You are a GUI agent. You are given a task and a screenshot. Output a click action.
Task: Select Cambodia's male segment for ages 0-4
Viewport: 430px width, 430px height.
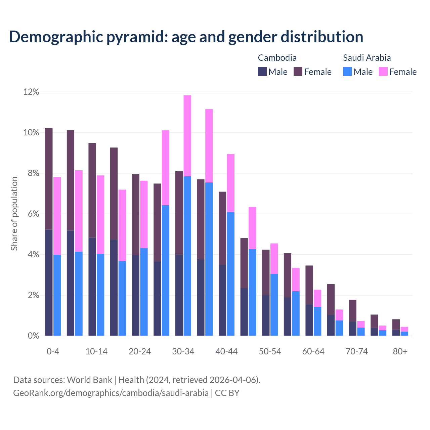click(x=49, y=283)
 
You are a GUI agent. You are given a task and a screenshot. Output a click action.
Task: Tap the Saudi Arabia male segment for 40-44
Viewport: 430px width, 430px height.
click(x=230, y=274)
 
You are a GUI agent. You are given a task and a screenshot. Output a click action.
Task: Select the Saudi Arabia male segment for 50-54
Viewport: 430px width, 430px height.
click(x=274, y=305)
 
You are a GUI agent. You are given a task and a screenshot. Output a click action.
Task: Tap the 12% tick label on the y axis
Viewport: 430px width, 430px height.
click(x=31, y=92)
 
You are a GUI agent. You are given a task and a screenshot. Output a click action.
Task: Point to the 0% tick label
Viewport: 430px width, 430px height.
click(x=33, y=336)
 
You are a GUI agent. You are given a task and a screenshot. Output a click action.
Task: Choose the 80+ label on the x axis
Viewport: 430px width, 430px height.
click(x=400, y=351)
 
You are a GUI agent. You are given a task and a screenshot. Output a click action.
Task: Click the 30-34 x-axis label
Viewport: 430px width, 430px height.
click(x=183, y=351)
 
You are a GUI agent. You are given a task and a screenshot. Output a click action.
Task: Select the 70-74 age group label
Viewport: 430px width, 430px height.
click(x=357, y=351)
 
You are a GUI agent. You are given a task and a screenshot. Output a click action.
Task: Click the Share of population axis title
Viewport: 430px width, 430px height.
click(x=14, y=214)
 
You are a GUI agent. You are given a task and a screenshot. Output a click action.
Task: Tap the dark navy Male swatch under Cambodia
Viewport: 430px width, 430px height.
click(x=262, y=72)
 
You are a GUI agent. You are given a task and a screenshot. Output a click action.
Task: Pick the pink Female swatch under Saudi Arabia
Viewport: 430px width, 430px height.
click(x=383, y=72)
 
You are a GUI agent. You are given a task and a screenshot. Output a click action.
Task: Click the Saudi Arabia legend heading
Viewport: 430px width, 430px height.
click(x=367, y=58)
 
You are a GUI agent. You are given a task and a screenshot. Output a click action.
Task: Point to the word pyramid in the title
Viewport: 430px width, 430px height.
click(x=136, y=37)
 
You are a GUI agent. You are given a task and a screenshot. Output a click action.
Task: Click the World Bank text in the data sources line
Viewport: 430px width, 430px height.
click(x=89, y=380)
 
